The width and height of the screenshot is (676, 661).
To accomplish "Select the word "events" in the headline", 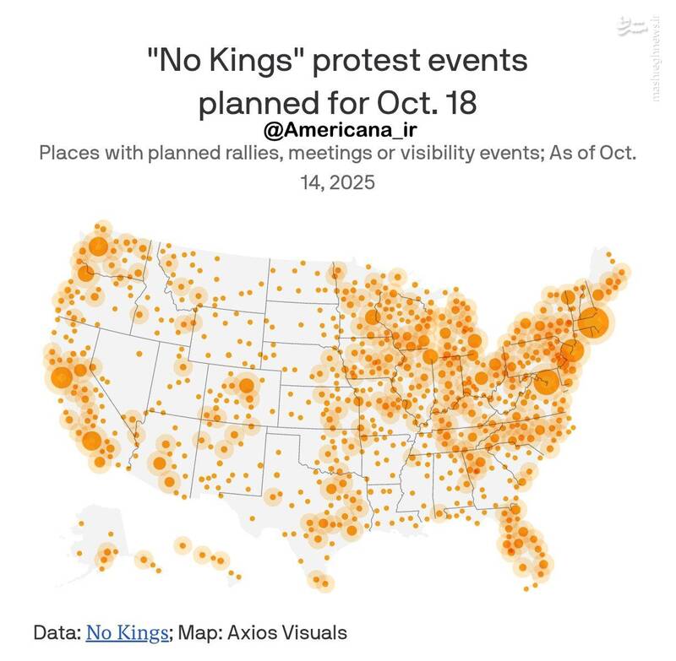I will click(x=483, y=62).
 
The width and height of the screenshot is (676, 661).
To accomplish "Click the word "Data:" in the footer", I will click(x=57, y=631).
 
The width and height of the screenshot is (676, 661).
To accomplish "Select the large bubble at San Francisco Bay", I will click(x=61, y=377).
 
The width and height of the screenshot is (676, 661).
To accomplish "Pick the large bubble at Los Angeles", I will click(x=91, y=441).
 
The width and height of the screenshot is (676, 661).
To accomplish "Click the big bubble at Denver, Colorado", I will click(x=247, y=386).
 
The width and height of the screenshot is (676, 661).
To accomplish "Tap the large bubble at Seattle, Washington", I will click(x=98, y=247).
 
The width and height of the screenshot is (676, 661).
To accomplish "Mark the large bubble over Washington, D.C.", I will click(x=547, y=382).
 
